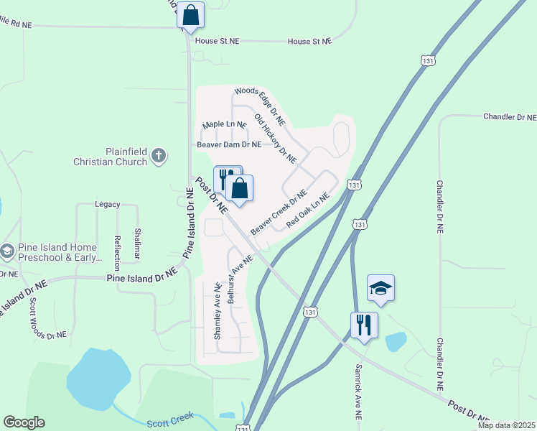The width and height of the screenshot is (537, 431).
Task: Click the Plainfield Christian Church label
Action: point(110,157)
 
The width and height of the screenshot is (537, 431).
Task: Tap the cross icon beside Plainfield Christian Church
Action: point(159,155)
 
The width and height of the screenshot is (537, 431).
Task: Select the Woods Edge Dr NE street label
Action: point(260,106)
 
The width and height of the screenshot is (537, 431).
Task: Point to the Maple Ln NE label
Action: point(224,125)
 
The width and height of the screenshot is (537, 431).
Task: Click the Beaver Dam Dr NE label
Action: point(229,144)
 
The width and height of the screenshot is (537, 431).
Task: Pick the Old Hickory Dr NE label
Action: point(276,136)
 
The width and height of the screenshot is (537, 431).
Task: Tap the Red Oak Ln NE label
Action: point(307,210)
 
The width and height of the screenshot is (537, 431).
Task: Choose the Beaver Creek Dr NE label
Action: point(279,212)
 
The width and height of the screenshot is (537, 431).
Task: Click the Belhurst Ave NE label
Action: point(241,279)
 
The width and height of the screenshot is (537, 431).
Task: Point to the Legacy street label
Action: point(107,205)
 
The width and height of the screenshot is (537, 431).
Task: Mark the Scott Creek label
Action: point(170,424)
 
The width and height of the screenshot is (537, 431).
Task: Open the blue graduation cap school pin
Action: point(380,289)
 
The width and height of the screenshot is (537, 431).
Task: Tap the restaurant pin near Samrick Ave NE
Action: point(364,325)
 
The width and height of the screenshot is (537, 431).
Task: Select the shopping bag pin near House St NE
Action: point(191,16)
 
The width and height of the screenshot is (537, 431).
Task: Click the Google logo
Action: point(24,422)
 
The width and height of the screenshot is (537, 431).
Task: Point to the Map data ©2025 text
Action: point(505,425)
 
